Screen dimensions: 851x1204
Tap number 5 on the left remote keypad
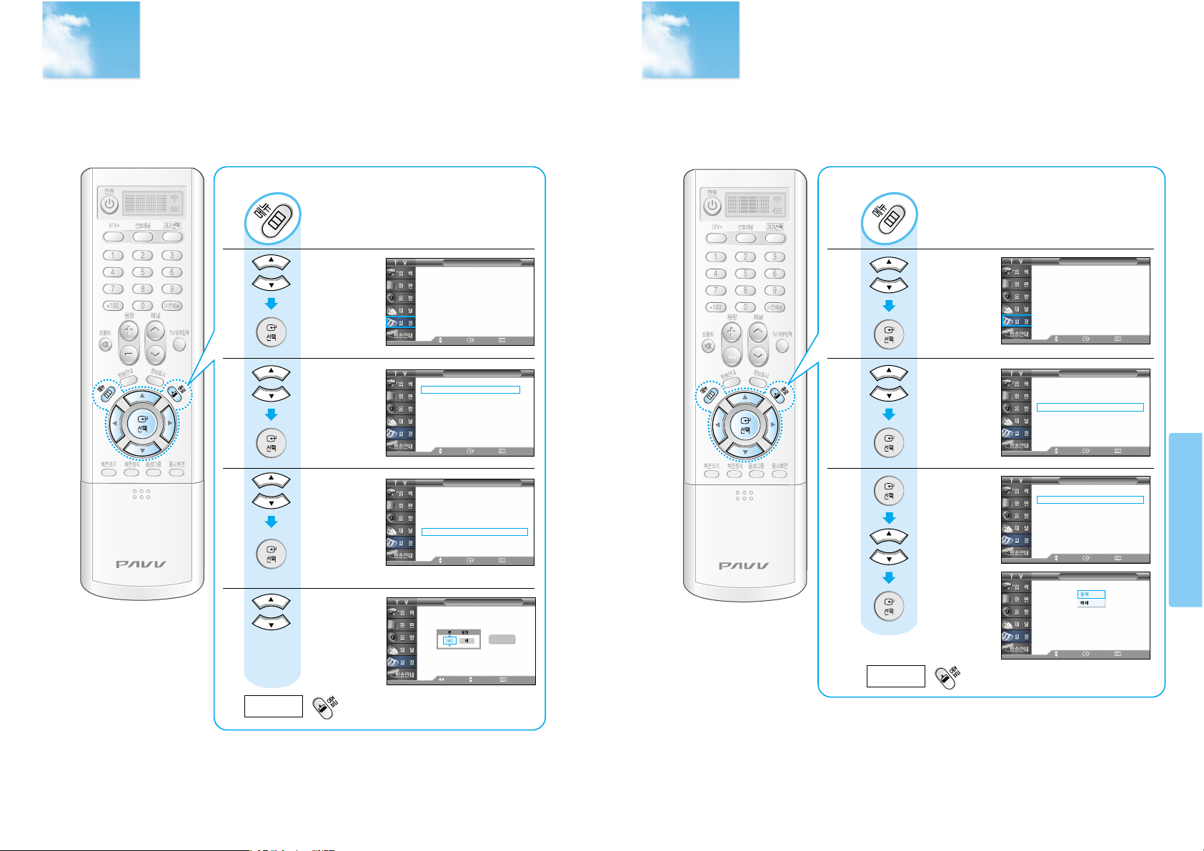click(x=142, y=272)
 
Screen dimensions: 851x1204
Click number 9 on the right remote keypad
click(x=775, y=291)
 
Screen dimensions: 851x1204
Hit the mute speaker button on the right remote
click(x=708, y=347)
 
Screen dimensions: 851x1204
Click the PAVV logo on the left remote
click(x=141, y=564)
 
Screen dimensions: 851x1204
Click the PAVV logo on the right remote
click(x=745, y=566)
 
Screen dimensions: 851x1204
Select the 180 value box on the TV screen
click(x=449, y=641)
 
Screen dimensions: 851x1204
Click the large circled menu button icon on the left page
click(x=273, y=218)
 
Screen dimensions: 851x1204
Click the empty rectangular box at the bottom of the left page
click(x=273, y=706)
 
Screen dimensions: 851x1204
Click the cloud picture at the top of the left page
click(x=91, y=40)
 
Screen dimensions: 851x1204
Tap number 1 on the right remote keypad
click(x=716, y=257)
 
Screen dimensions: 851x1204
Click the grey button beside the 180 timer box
click(x=502, y=640)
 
